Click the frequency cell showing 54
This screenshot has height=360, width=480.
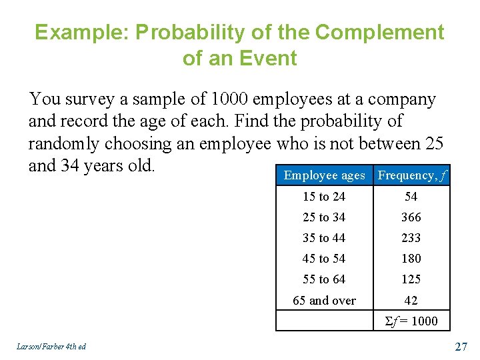pyautogui.click(x=411, y=197)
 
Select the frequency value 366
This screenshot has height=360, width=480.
pyautogui.click(x=411, y=217)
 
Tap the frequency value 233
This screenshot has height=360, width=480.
pyautogui.click(x=411, y=238)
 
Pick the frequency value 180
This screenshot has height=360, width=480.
pyautogui.click(x=411, y=259)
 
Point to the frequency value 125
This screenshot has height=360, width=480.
pyautogui.click(x=411, y=279)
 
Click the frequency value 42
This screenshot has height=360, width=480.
pyautogui.click(x=411, y=301)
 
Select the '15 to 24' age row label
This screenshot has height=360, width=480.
pyautogui.click(x=324, y=197)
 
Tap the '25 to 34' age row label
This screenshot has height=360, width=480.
pyautogui.click(x=324, y=217)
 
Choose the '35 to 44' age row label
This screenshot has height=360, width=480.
pyautogui.click(x=324, y=238)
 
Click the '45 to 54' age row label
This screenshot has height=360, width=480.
pyautogui.click(x=324, y=259)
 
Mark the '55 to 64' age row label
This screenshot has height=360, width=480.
pyautogui.click(x=324, y=279)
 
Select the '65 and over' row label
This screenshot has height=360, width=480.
pyautogui.click(x=324, y=301)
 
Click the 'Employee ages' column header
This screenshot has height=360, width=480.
pyautogui.click(x=324, y=175)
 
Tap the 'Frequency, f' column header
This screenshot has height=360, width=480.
pyautogui.click(x=412, y=175)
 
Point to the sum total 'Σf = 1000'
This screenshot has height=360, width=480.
pyautogui.click(x=411, y=321)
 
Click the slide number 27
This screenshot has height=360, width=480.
pyautogui.click(x=461, y=346)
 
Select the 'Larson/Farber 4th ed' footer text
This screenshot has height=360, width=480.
pyautogui.click(x=49, y=346)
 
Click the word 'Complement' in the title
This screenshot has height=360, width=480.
pyautogui.click(x=379, y=32)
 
